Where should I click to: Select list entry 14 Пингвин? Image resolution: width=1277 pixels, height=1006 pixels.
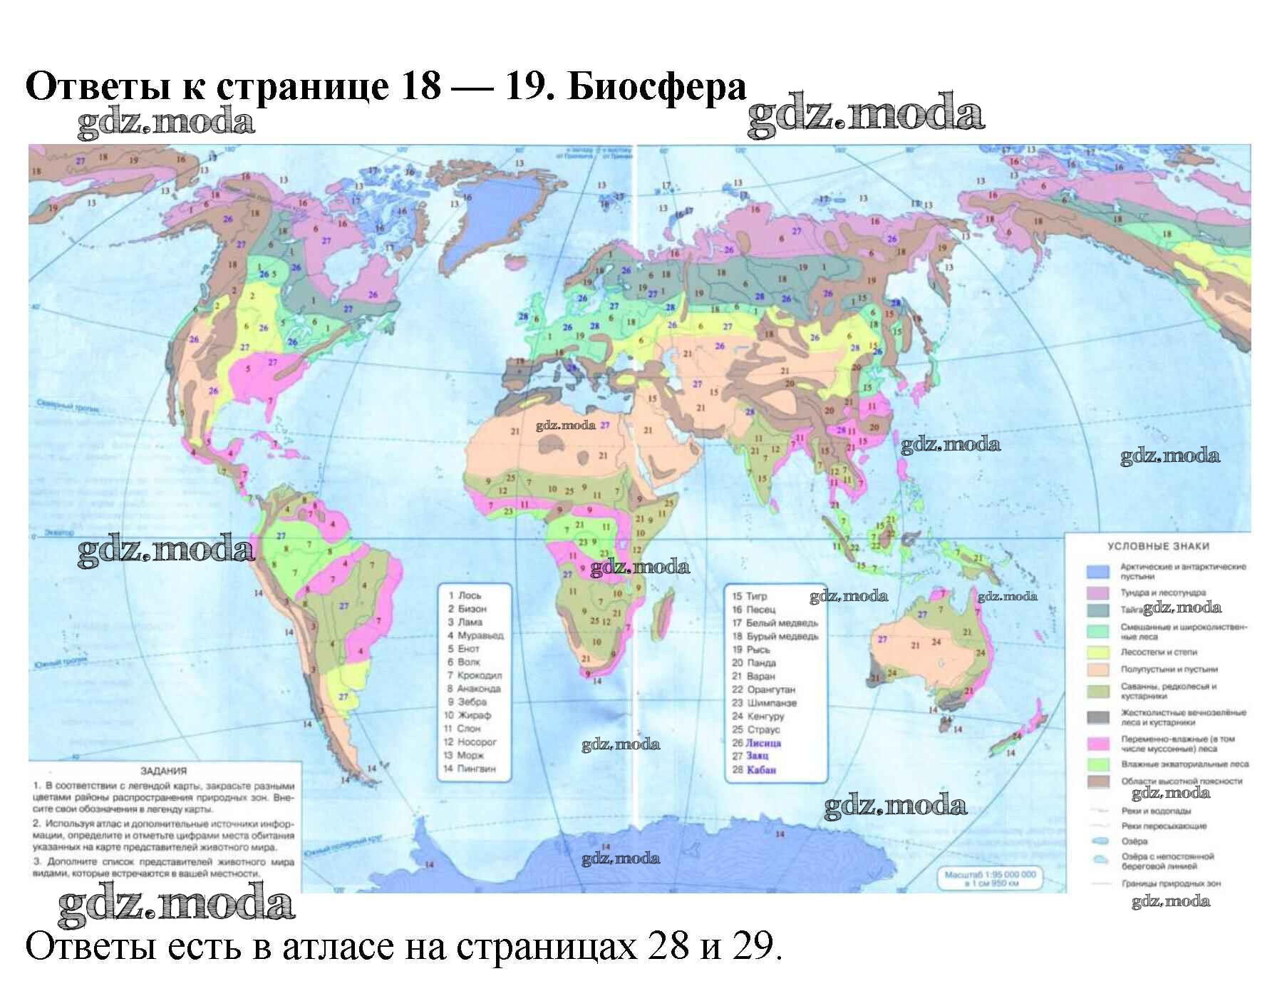[470, 769]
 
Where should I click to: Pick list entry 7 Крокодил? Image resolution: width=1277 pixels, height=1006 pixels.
[475, 675]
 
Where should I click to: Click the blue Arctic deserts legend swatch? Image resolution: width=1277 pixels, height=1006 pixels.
[1098, 571]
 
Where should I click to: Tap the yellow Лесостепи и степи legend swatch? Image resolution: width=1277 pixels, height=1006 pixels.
[1098, 652]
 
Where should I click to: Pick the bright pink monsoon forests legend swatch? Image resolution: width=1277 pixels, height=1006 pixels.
[1098, 744]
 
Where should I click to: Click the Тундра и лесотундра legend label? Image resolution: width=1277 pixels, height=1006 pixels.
[1163, 592]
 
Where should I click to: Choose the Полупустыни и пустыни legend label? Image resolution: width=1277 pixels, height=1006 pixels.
[1169, 669]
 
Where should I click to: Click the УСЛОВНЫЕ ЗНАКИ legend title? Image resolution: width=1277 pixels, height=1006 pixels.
[1158, 546]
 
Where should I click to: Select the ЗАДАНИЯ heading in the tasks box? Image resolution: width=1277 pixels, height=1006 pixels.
[163, 771]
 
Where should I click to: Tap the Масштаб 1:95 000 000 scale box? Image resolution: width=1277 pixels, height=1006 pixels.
[991, 878]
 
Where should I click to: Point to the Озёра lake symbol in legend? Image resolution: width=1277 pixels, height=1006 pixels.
[1100, 841]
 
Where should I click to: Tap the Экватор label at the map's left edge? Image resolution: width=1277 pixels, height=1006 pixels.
[59, 533]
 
